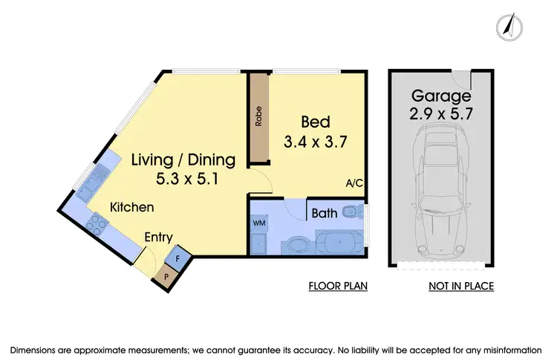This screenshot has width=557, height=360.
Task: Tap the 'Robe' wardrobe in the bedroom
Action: pos(259,120)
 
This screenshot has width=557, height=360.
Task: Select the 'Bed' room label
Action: pos(315,122)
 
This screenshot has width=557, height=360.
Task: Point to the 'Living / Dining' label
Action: pos(183,160)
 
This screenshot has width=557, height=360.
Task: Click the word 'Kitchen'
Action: pos(133,207)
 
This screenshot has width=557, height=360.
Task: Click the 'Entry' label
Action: pos(159,238)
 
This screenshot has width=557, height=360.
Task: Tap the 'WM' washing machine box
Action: pos(259,222)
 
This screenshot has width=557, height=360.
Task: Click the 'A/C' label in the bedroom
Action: pos(354,183)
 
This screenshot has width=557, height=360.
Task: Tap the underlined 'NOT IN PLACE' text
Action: pos(460,286)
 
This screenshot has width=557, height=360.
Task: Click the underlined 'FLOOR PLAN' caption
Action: pos(338,286)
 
